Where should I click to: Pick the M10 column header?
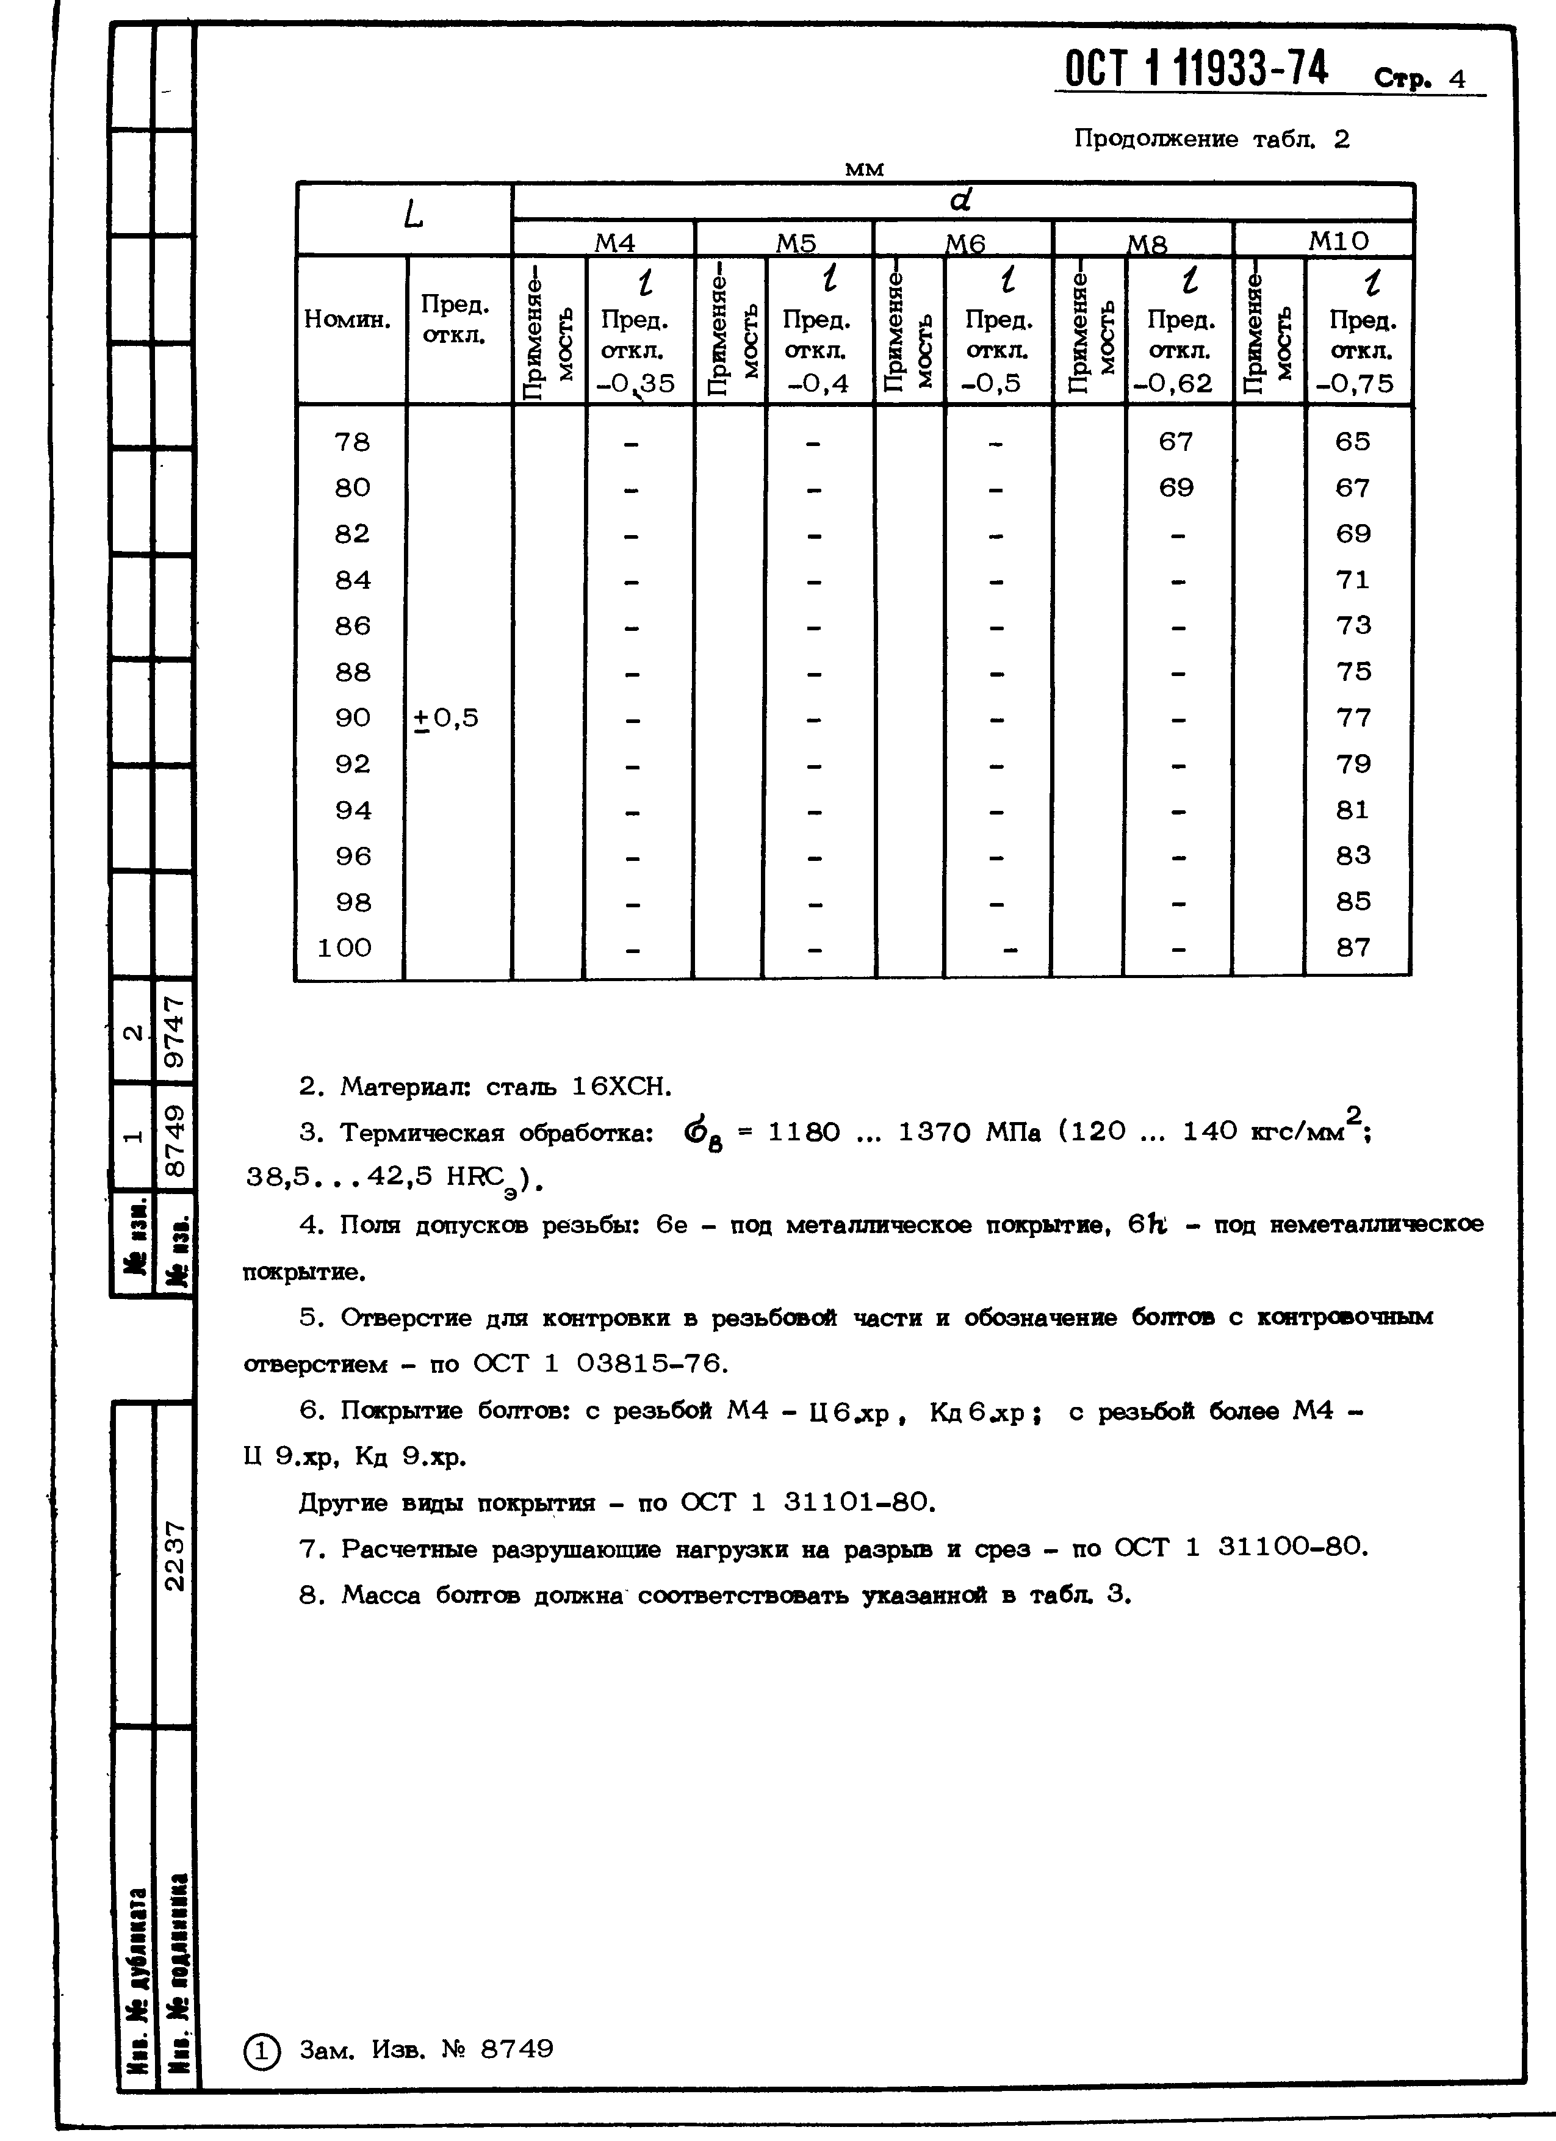click(x=1338, y=241)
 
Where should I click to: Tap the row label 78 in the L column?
click(x=352, y=442)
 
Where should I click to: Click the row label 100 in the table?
click(x=345, y=947)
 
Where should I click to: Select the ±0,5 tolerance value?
click(x=447, y=718)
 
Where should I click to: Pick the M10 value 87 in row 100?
click(x=1352, y=947)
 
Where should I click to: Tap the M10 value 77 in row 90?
click(x=1352, y=718)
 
